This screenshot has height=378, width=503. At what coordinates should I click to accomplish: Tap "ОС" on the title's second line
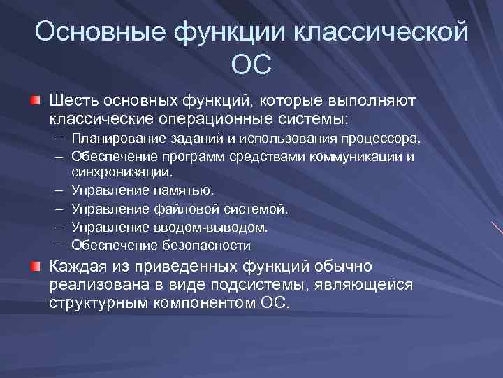[251, 65]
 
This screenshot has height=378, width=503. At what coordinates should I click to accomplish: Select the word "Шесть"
[74, 102]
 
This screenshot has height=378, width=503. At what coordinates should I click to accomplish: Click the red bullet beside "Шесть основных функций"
[34, 102]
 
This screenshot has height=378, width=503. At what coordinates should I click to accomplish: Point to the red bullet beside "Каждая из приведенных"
[34, 267]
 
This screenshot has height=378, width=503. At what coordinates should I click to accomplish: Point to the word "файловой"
[188, 209]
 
